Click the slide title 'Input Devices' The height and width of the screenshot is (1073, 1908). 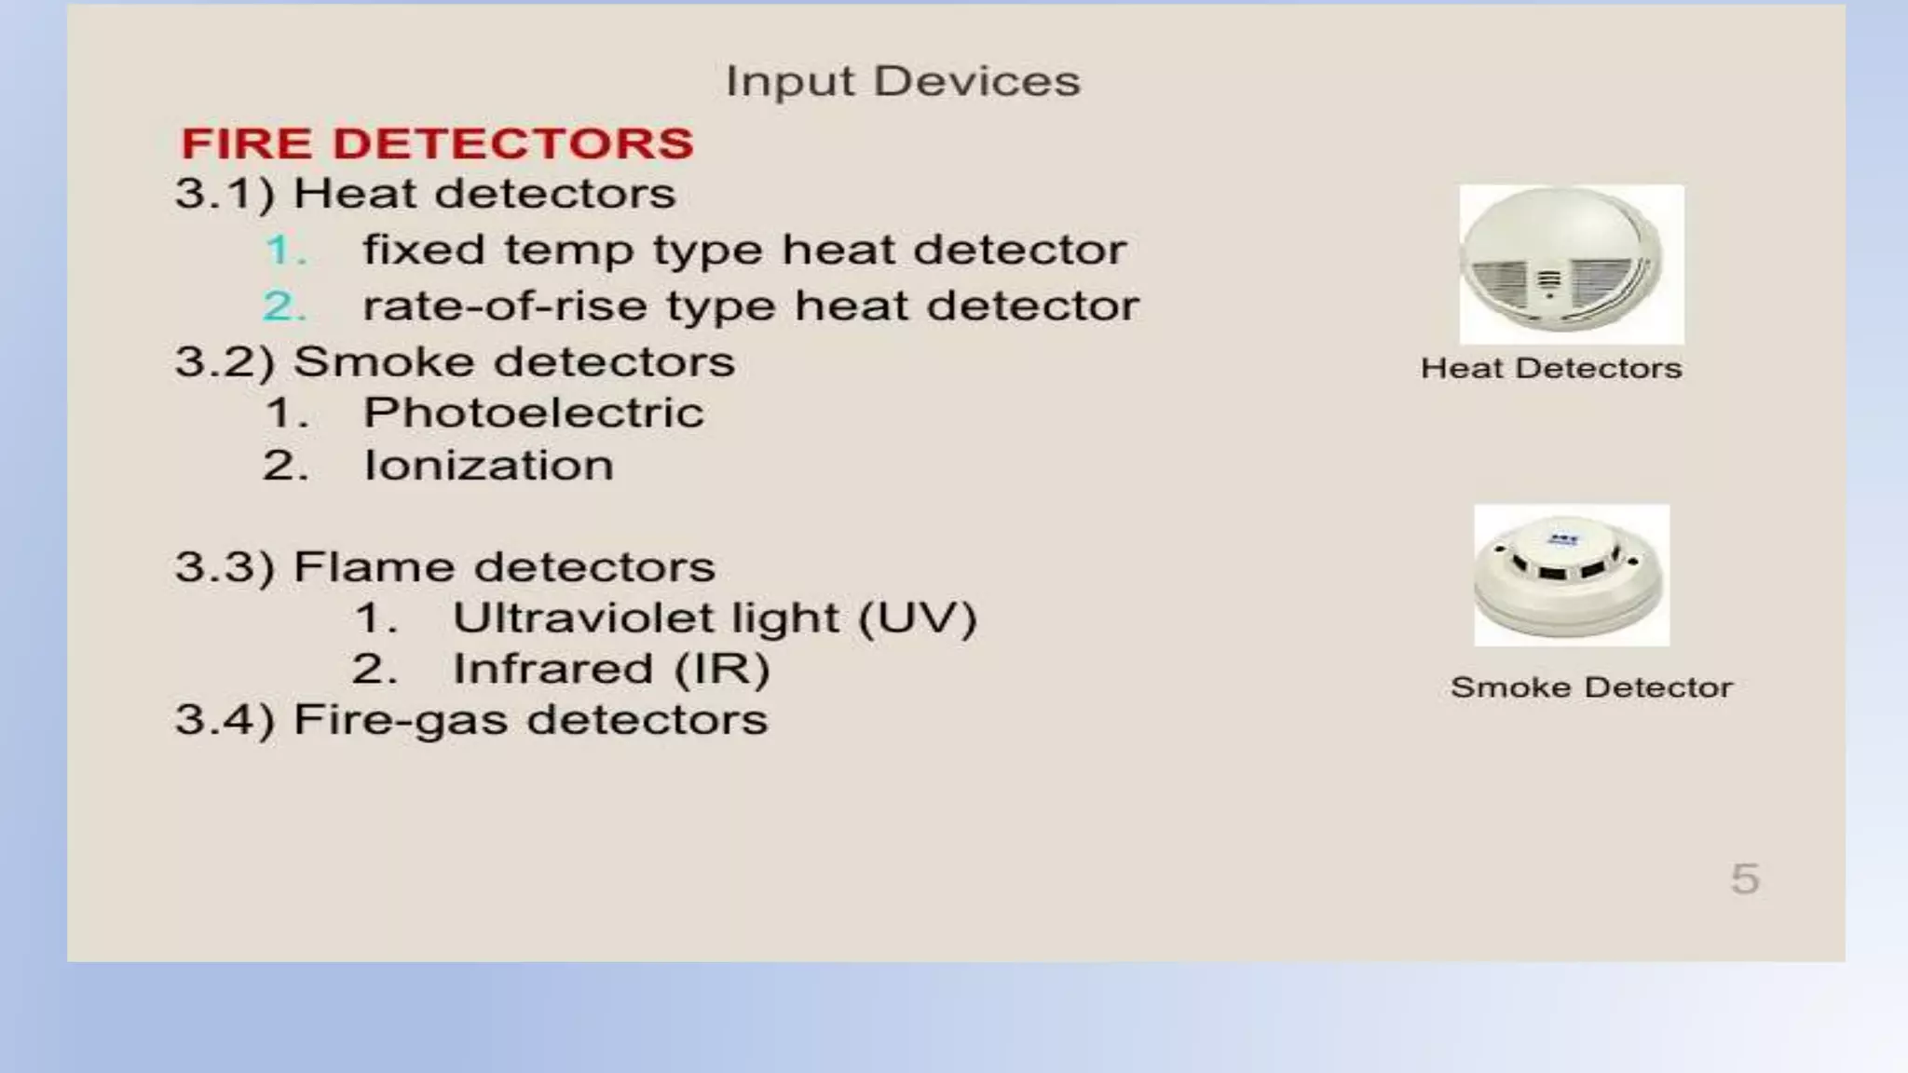click(903, 82)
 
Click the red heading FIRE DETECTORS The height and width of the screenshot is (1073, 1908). click(437, 143)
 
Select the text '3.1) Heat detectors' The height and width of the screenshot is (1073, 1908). click(425, 194)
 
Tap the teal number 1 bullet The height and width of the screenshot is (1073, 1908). click(284, 250)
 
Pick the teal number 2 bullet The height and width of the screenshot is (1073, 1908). click(284, 306)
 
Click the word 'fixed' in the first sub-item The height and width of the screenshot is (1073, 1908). click(424, 250)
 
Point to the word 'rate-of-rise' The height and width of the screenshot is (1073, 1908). click(504, 306)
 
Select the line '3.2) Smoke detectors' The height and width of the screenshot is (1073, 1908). click(455, 361)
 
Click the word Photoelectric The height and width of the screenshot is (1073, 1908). click(533, 413)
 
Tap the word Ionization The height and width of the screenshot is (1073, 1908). click(488, 465)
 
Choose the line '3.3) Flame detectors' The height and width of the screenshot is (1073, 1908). click(445, 566)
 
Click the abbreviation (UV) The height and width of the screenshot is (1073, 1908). click(917, 618)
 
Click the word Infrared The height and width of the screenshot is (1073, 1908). click(552, 669)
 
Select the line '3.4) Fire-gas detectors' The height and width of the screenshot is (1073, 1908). click(471, 719)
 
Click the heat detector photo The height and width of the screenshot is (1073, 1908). click(1571, 265)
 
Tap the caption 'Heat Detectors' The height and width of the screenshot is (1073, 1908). click(1551, 368)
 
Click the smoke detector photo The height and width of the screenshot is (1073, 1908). click(1571, 575)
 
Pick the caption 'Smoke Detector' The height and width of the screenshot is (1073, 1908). click(1591, 687)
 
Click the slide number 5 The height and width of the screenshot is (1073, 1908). click(1745, 878)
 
